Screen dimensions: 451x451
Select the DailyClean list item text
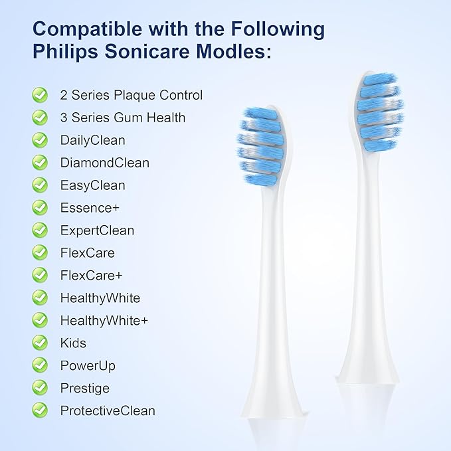click(x=92, y=140)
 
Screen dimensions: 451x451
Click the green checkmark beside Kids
click(x=40, y=343)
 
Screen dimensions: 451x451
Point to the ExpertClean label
click(x=97, y=230)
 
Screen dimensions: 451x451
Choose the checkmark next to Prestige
click(x=40, y=388)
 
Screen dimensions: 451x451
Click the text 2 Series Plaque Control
click(x=131, y=95)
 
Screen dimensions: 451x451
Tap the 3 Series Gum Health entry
click(x=122, y=118)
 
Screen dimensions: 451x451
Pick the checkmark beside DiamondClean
click(x=40, y=163)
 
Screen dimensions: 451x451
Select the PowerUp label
click(x=88, y=365)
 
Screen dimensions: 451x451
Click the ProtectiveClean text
click(x=108, y=410)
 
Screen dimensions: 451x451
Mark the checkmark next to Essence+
click(x=40, y=208)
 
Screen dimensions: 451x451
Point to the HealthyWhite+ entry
click(x=104, y=320)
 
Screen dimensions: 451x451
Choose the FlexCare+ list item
click(x=91, y=275)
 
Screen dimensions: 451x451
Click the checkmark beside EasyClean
click(x=40, y=185)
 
